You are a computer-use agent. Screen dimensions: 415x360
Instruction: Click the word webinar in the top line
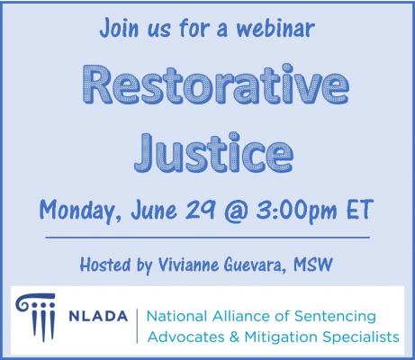click(x=275, y=28)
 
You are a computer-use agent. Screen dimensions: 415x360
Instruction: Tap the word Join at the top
click(x=119, y=28)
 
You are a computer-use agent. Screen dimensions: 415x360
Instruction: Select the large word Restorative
click(x=216, y=85)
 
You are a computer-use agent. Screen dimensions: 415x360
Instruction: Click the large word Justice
click(x=213, y=153)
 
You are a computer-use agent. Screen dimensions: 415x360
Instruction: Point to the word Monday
click(x=80, y=211)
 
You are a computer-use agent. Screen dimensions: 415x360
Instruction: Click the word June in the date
click(x=154, y=210)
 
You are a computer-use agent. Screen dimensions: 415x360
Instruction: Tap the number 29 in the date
click(x=200, y=209)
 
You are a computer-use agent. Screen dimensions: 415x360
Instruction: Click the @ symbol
click(x=236, y=210)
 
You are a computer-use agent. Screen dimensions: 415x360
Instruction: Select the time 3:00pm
click(x=296, y=211)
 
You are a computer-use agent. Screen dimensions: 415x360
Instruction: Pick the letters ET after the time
click(x=360, y=209)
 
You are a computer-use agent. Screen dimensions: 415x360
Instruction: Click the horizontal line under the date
click(x=208, y=238)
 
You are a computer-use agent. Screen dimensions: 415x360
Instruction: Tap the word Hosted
click(x=105, y=265)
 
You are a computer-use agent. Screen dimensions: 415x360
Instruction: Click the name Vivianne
click(x=188, y=265)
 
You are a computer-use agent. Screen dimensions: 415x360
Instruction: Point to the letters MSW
click(x=313, y=265)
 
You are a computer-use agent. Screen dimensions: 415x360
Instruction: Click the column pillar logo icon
click(x=37, y=318)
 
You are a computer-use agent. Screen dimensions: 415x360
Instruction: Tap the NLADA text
click(x=98, y=316)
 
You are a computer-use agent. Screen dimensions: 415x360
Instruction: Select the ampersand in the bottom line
click(x=234, y=337)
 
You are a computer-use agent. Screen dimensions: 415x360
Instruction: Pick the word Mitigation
click(x=281, y=337)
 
